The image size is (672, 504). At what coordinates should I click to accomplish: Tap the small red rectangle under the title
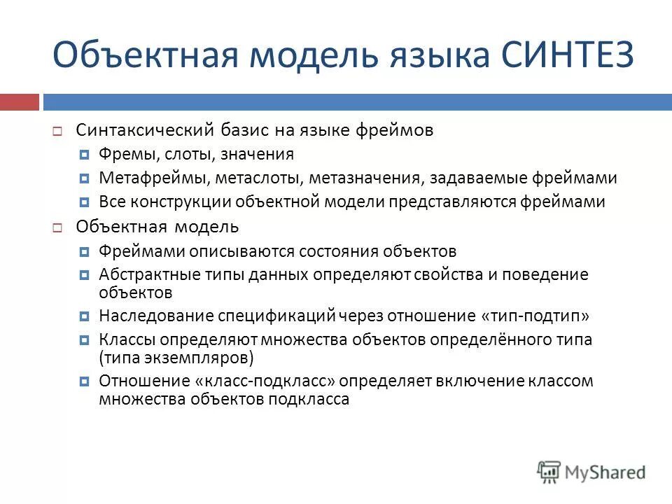[x=19, y=102]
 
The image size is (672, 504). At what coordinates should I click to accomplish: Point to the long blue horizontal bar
[x=357, y=102]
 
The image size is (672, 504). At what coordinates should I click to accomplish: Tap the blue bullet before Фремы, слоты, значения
[x=84, y=155]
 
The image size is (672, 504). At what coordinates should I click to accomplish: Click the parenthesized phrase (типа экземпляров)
[x=176, y=358]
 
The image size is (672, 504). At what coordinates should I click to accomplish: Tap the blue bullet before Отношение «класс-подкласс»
[x=84, y=382]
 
